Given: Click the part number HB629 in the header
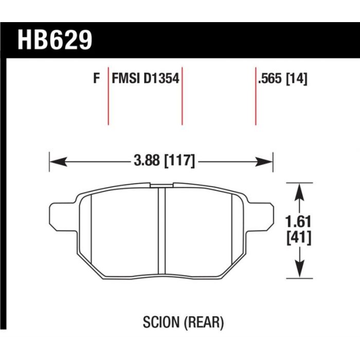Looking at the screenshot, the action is point(55,40).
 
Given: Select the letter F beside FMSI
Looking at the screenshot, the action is point(97,78).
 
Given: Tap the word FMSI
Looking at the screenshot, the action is point(125,78).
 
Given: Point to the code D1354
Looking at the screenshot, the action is point(161,78).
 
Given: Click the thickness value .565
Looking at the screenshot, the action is point(269,79).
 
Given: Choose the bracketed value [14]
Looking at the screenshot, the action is point(296,79).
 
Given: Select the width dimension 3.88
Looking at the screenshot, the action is point(147,160).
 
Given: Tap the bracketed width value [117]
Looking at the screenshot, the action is point(180,160).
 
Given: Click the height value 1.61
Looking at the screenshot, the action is point(298,222).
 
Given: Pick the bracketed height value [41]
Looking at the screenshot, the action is point(299,238).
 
